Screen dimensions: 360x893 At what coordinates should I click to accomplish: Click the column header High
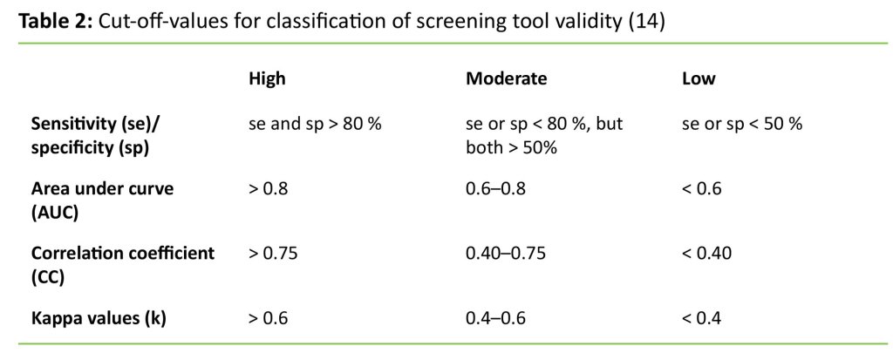(267, 78)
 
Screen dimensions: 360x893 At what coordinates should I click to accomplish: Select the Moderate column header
(506, 78)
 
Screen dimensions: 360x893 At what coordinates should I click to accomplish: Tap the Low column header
(698, 78)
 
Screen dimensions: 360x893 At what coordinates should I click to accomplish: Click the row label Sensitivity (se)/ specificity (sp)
(96, 135)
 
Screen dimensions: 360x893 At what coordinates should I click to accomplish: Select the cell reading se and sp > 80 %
(315, 124)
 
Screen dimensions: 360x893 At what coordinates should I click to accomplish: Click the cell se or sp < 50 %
(741, 124)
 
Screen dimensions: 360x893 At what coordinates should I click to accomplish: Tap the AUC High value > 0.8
(269, 188)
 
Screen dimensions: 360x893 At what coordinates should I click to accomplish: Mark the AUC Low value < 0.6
(702, 188)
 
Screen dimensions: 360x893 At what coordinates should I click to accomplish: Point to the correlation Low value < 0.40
(706, 253)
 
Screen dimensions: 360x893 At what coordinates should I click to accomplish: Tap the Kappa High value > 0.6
(269, 318)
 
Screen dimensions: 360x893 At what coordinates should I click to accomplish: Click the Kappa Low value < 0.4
(702, 318)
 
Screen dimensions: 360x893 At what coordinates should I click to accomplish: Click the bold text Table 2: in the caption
(56, 22)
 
